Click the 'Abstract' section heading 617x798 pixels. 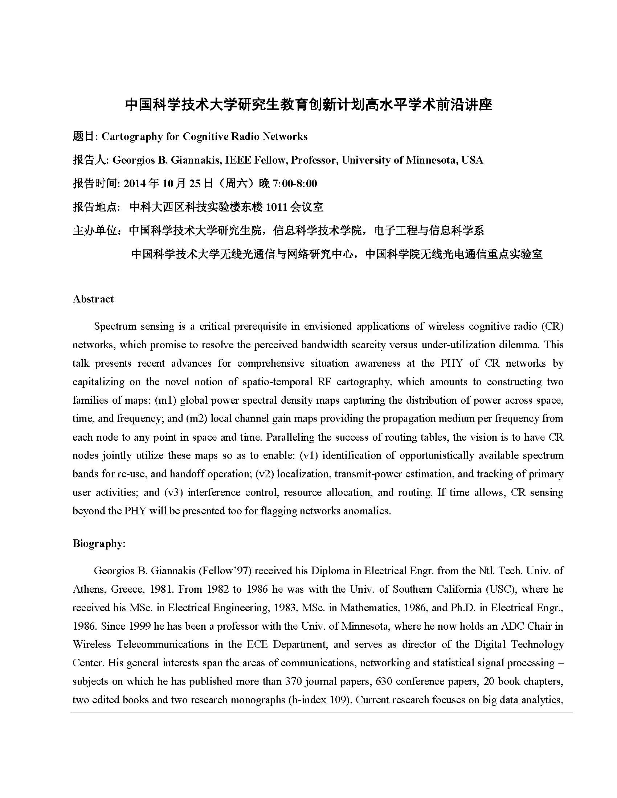[x=93, y=299]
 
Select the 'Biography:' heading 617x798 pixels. [x=99, y=543]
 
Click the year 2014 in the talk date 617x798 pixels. [x=134, y=184]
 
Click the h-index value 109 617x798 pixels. [x=338, y=700]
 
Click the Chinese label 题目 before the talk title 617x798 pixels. [x=83, y=137]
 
